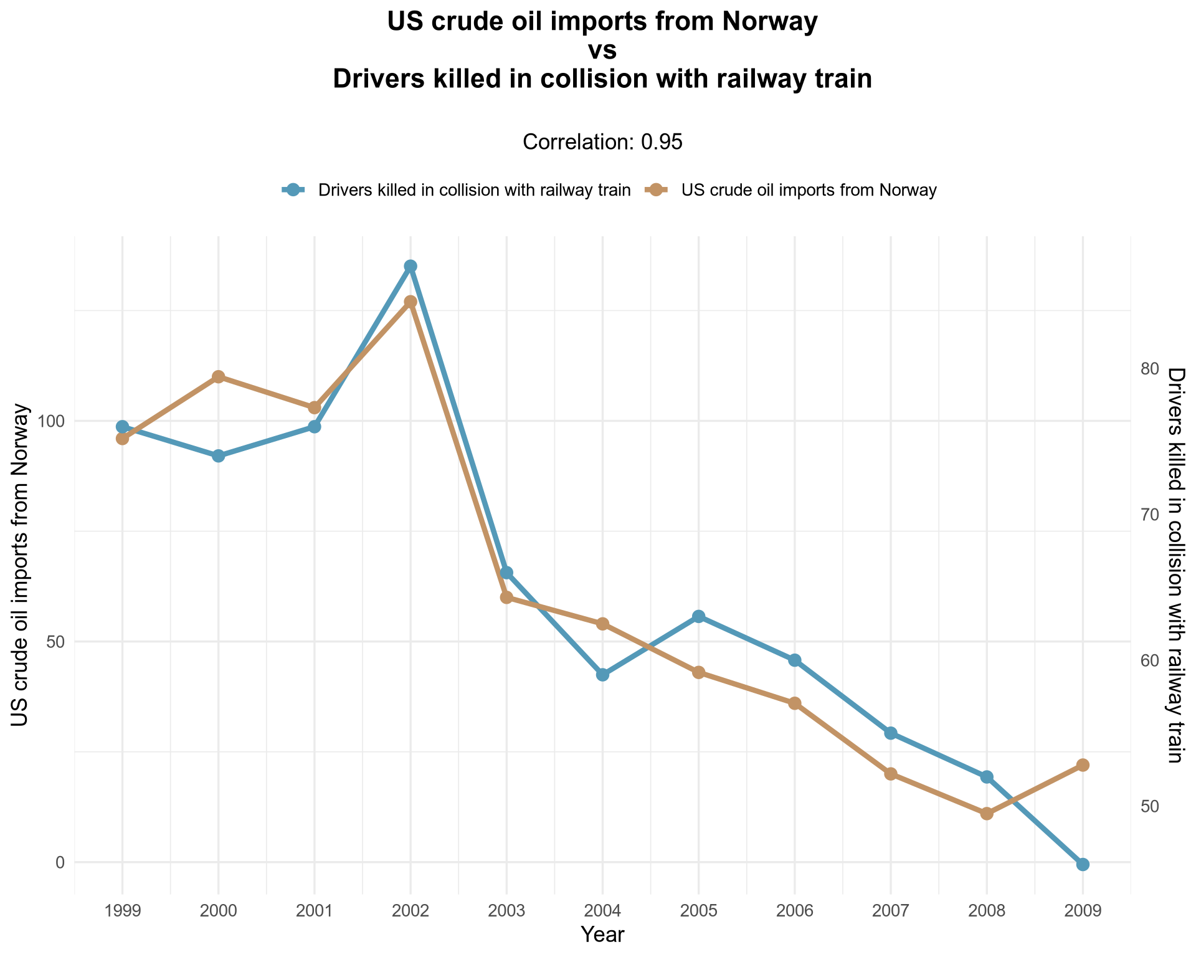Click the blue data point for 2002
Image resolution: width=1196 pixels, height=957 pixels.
click(x=411, y=266)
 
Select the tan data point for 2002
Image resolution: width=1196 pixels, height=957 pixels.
click(x=411, y=302)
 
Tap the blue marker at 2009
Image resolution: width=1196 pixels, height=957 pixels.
click(x=1083, y=864)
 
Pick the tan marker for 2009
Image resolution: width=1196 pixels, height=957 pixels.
click(x=1083, y=765)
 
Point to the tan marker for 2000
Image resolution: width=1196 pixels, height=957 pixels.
click(x=219, y=377)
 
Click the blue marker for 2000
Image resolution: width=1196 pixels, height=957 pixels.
click(x=219, y=456)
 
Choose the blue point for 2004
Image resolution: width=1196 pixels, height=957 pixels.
click(x=602, y=675)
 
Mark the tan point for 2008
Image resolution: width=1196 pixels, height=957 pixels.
click(x=987, y=814)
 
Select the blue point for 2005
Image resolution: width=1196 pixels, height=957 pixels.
click(x=698, y=616)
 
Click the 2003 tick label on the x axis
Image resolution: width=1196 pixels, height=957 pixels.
click(x=506, y=911)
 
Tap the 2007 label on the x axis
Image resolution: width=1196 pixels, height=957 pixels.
click(x=891, y=911)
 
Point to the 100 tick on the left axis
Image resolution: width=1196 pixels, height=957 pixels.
click(x=54, y=421)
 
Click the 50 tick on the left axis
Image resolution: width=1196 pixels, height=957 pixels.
click(x=57, y=642)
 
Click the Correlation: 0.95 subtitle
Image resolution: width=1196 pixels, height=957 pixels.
click(x=603, y=142)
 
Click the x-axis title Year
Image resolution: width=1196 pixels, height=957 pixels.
click(x=602, y=934)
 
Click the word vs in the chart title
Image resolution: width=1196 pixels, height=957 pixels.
click(x=602, y=51)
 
